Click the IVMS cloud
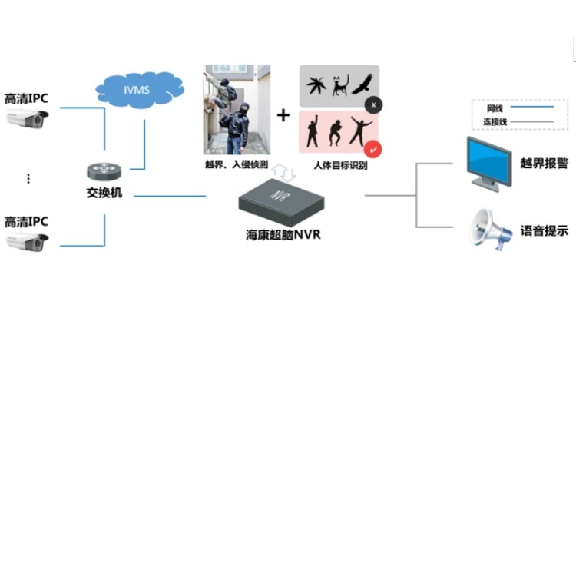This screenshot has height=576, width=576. click(136, 89)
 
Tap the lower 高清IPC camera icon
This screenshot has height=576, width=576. click(27, 242)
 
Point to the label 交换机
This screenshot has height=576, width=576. click(104, 193)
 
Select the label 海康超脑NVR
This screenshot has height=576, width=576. click(283, 235)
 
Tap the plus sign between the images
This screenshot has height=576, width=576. click(283, 115)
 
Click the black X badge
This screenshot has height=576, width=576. click(372, 104)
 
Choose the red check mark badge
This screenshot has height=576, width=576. click(372, 149)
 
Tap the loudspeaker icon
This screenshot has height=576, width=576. click(491, 228)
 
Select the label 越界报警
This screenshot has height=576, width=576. click(544, 163)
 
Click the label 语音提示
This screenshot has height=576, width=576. click(544, 230)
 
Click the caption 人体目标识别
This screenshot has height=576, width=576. click(340, 165)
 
